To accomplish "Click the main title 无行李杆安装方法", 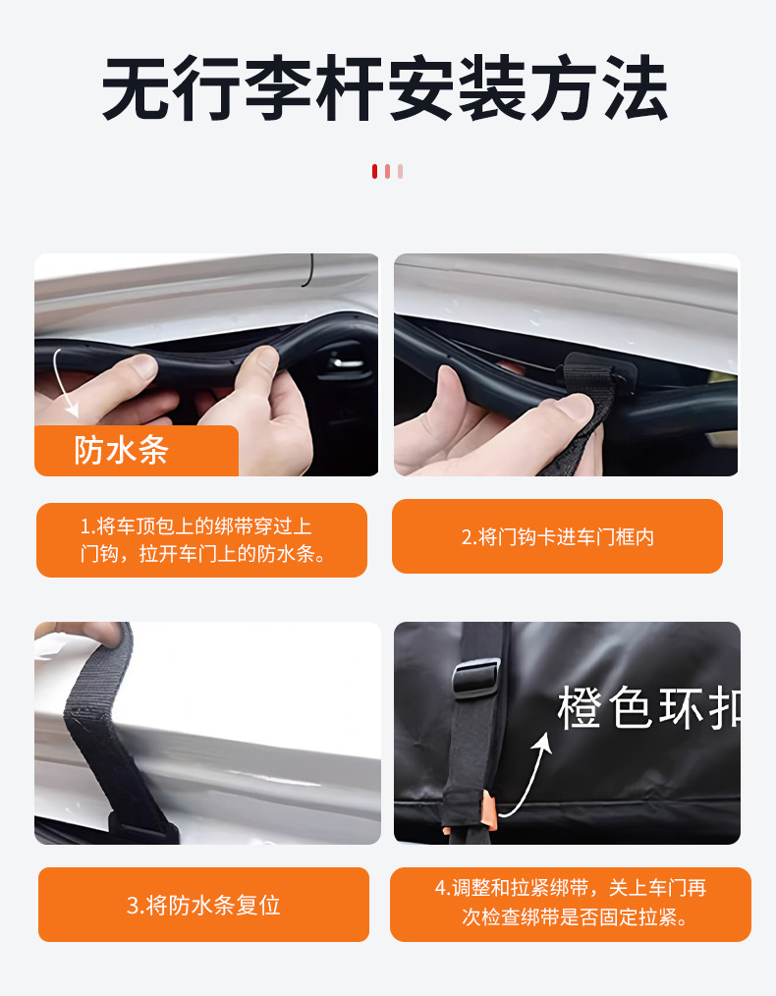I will [386, 90].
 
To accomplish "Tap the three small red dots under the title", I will [387, 171].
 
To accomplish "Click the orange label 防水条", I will [123, 451].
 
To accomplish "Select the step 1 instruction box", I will [201, 540].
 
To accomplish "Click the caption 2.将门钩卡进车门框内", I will [557, 536].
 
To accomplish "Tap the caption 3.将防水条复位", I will [203, 905].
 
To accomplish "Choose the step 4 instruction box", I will [570, 903].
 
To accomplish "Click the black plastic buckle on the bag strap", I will [475, 679].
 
